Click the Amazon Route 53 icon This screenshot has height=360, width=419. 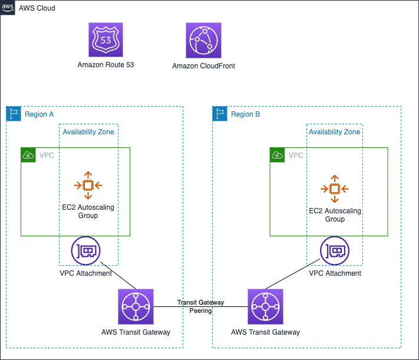point(106,39)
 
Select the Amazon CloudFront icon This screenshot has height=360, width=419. point(204,40)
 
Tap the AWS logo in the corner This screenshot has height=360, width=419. point(8,8)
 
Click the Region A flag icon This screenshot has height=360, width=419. point(14,114)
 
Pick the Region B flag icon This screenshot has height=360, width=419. point(220,114)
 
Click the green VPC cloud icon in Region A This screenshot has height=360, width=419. point(28,155)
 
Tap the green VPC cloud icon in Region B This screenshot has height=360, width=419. point(277,155)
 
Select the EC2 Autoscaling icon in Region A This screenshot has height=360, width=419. point(88,185)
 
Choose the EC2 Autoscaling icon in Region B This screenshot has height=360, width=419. point(335,189)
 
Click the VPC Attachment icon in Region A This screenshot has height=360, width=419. point(86,250)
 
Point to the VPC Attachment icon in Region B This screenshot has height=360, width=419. point(335,250)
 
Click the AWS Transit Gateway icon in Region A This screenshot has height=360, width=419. point(136,306)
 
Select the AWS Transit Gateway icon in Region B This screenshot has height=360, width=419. point(265,306)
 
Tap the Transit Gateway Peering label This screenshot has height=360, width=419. point(201,306)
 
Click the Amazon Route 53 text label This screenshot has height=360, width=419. point(105,65)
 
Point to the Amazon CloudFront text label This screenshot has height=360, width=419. point(204,66)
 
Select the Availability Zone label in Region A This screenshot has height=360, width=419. point(88,132)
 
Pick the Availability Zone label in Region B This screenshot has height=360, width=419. point(335,132)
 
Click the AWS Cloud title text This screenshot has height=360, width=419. point(37,8)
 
